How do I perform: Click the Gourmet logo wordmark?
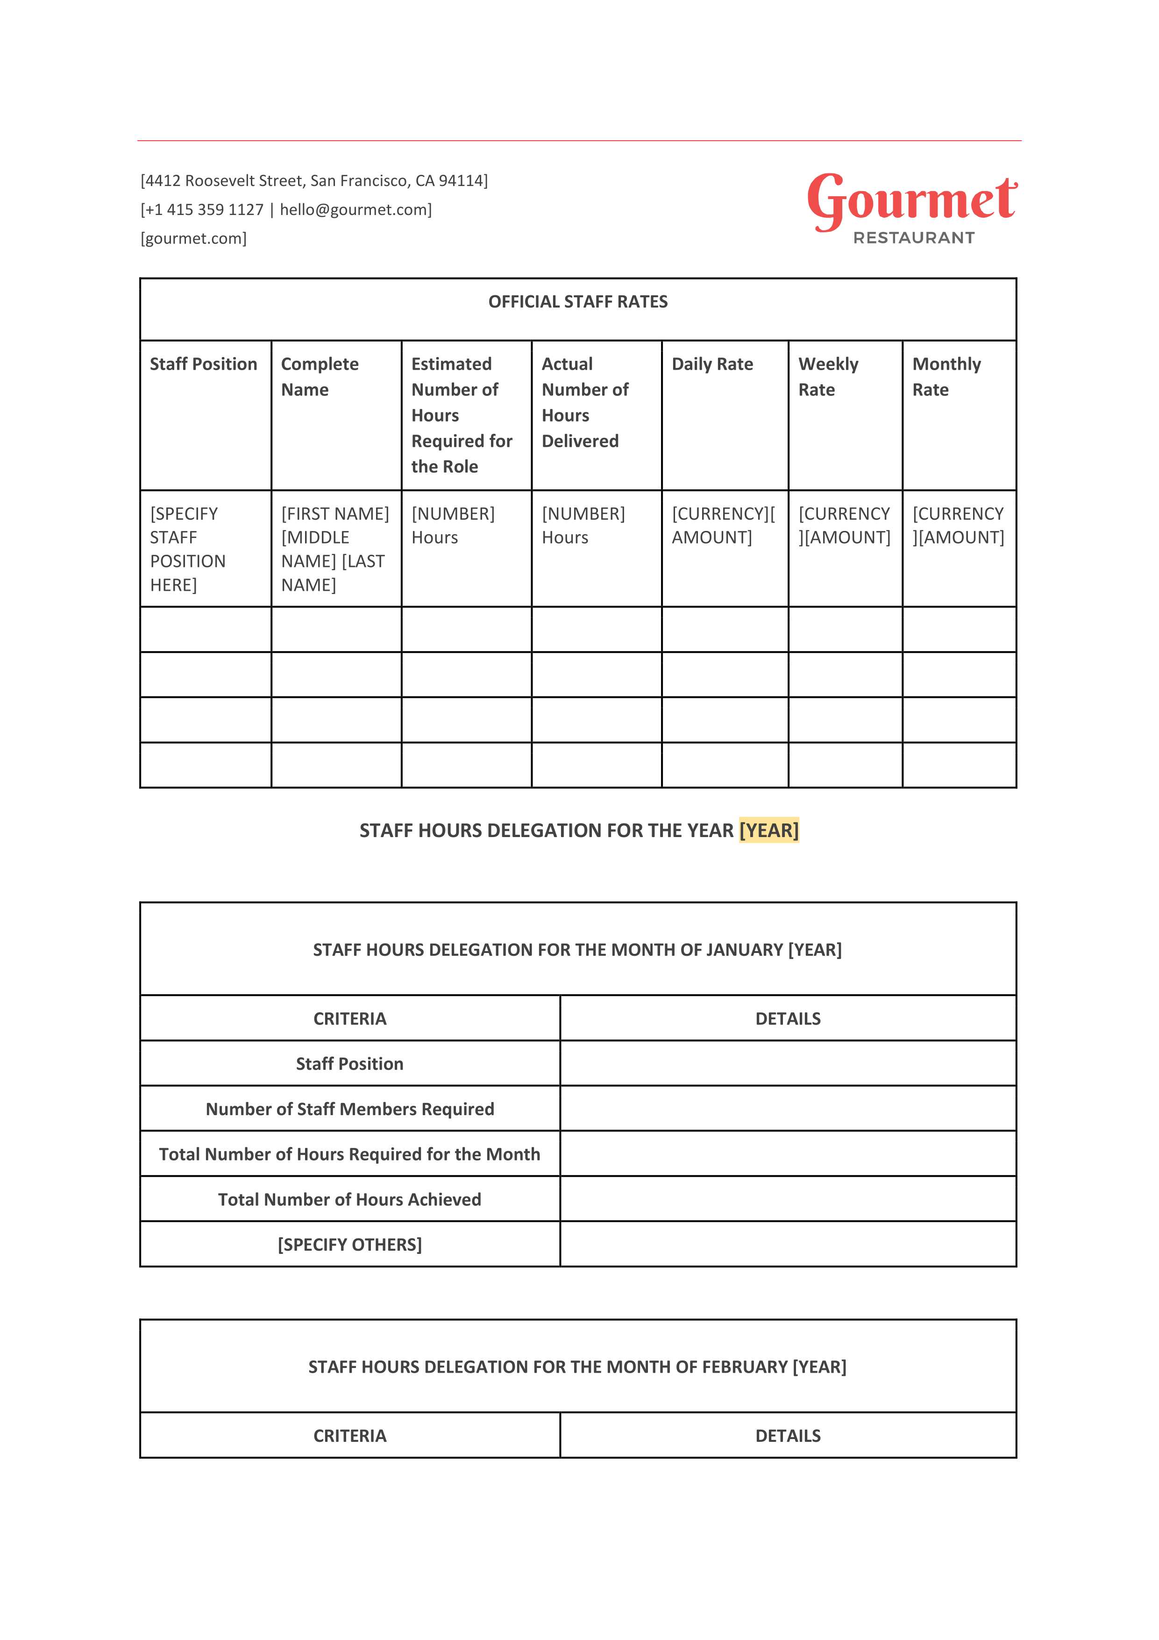911,200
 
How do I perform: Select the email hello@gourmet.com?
354,210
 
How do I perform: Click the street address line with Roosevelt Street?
314,181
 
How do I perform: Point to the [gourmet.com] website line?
193,238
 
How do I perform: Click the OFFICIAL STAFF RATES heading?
578,302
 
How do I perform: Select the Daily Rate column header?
712,364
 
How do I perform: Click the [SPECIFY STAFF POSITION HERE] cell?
187,549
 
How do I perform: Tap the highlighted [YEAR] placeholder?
768,830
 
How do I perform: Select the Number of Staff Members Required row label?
350,1109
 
